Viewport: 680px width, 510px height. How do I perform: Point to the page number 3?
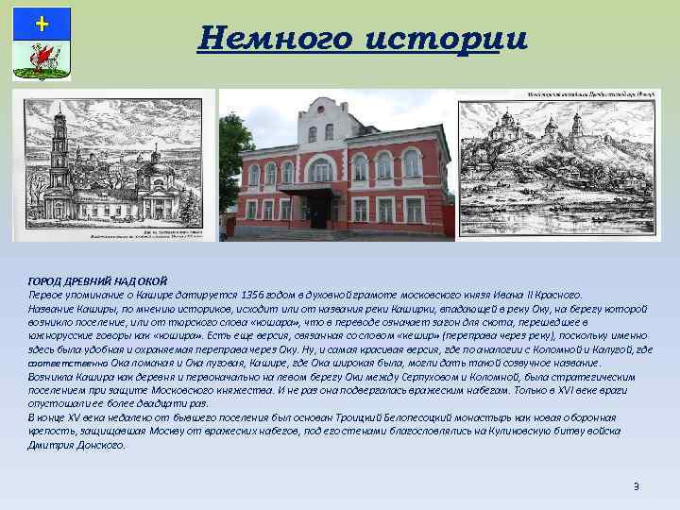point(636,486)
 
